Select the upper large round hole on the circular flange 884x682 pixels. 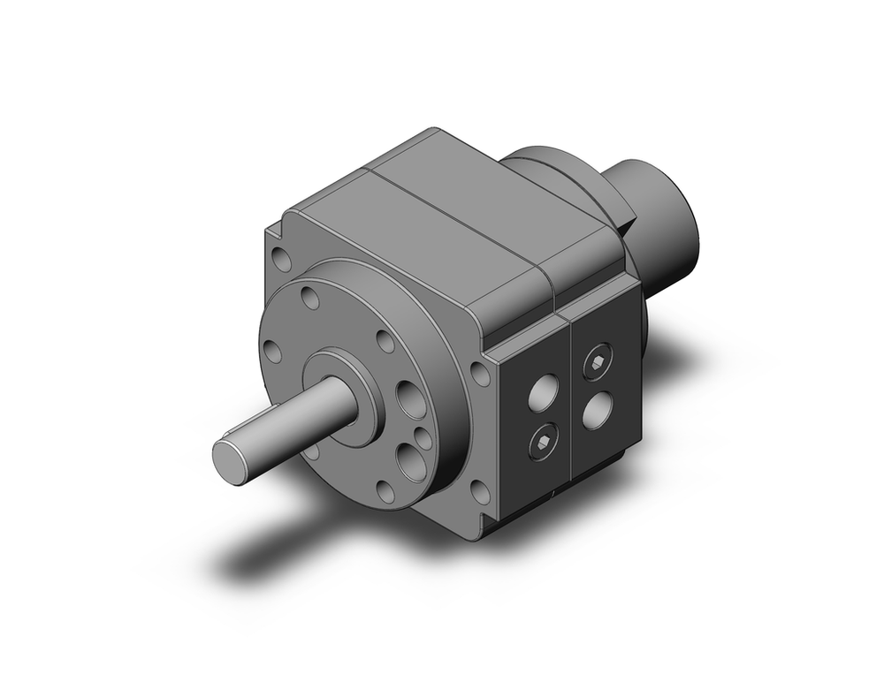(x=411, y=399)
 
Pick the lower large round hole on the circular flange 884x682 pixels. (x=412, y=461)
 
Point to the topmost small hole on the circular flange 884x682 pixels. (x=310, y=297)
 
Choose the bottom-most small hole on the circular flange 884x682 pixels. (x=385, y=491)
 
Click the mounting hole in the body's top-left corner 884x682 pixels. (x=282, y=260)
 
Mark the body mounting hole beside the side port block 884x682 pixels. (x=480, y=373)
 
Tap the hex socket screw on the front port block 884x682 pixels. (x=542, y=443)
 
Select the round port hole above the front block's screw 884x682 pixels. (x=543, y=392)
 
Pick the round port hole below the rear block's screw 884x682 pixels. (x=599, y=409)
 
